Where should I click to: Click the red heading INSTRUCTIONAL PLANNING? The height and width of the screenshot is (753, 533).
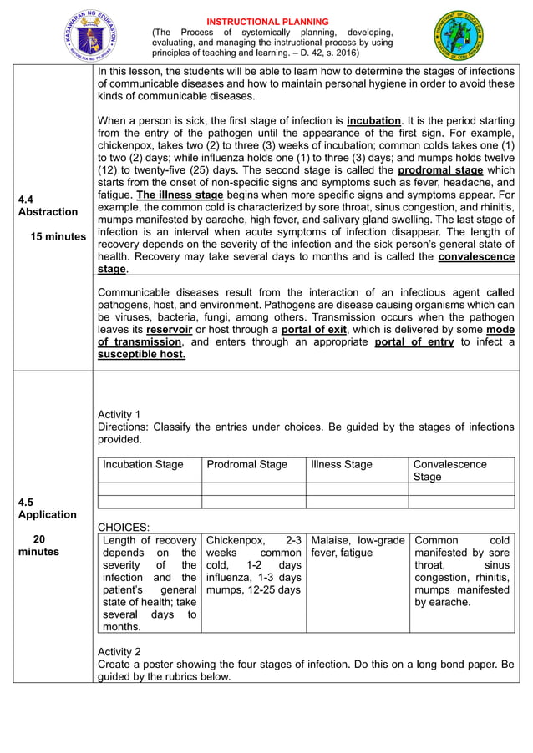[x=267, y=21]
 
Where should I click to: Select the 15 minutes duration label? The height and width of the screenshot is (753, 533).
[x=58, y=237]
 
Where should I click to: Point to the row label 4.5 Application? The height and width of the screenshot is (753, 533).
[x=47, y=508]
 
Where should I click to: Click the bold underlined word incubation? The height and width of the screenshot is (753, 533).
[x=374, y=120]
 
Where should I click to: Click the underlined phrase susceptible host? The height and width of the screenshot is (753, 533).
[x=142, y=354]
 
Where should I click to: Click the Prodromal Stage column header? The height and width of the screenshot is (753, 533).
[x=246, y=464]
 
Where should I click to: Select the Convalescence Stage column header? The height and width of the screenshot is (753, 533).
[x=450, y=470]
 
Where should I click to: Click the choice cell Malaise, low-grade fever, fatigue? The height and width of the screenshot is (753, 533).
[x=357, y=546]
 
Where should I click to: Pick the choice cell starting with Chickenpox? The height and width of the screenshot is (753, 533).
[x=253, y=565]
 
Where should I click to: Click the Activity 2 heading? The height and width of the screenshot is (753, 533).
[x=119, y=651]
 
